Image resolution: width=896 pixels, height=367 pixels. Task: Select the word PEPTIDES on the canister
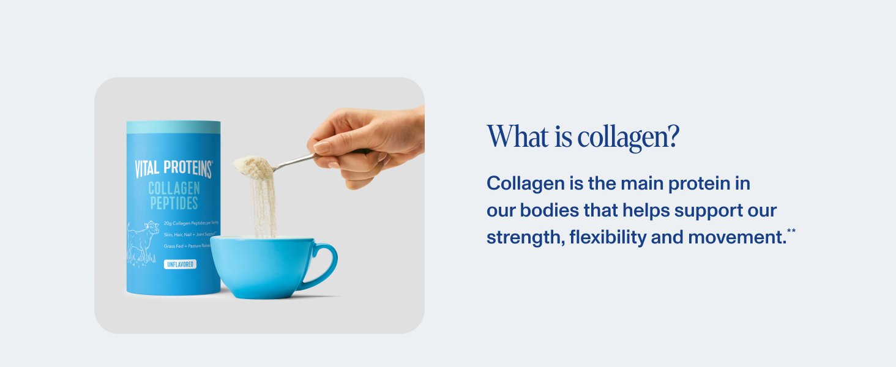point(174,203)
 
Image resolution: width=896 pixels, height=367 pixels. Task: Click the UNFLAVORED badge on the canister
point(180,264)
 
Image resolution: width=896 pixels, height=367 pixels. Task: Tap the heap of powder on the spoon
point(253,165)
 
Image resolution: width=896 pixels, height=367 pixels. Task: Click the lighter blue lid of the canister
point(173,127)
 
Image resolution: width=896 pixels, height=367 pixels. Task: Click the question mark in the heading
point(673,137)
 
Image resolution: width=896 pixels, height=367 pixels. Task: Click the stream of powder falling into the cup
point(264,208)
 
